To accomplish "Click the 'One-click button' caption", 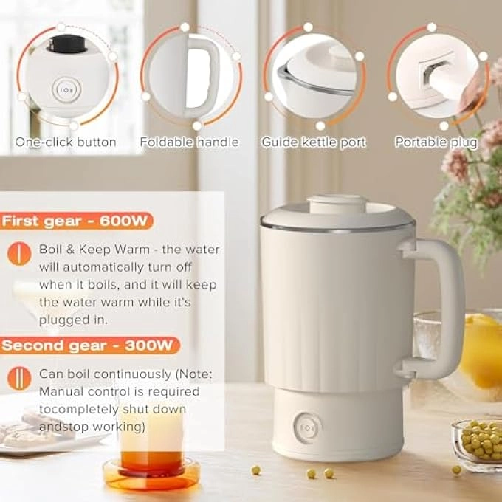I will click(x=66, y=142).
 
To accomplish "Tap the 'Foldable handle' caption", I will click(x=189, y=142).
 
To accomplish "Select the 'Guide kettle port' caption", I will click(x=314, y=142).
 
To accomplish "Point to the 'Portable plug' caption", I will click(x=436, y=142).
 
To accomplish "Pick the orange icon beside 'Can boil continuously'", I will click(x=14, y=379).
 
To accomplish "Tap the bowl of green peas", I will click(x=478, y=441).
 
